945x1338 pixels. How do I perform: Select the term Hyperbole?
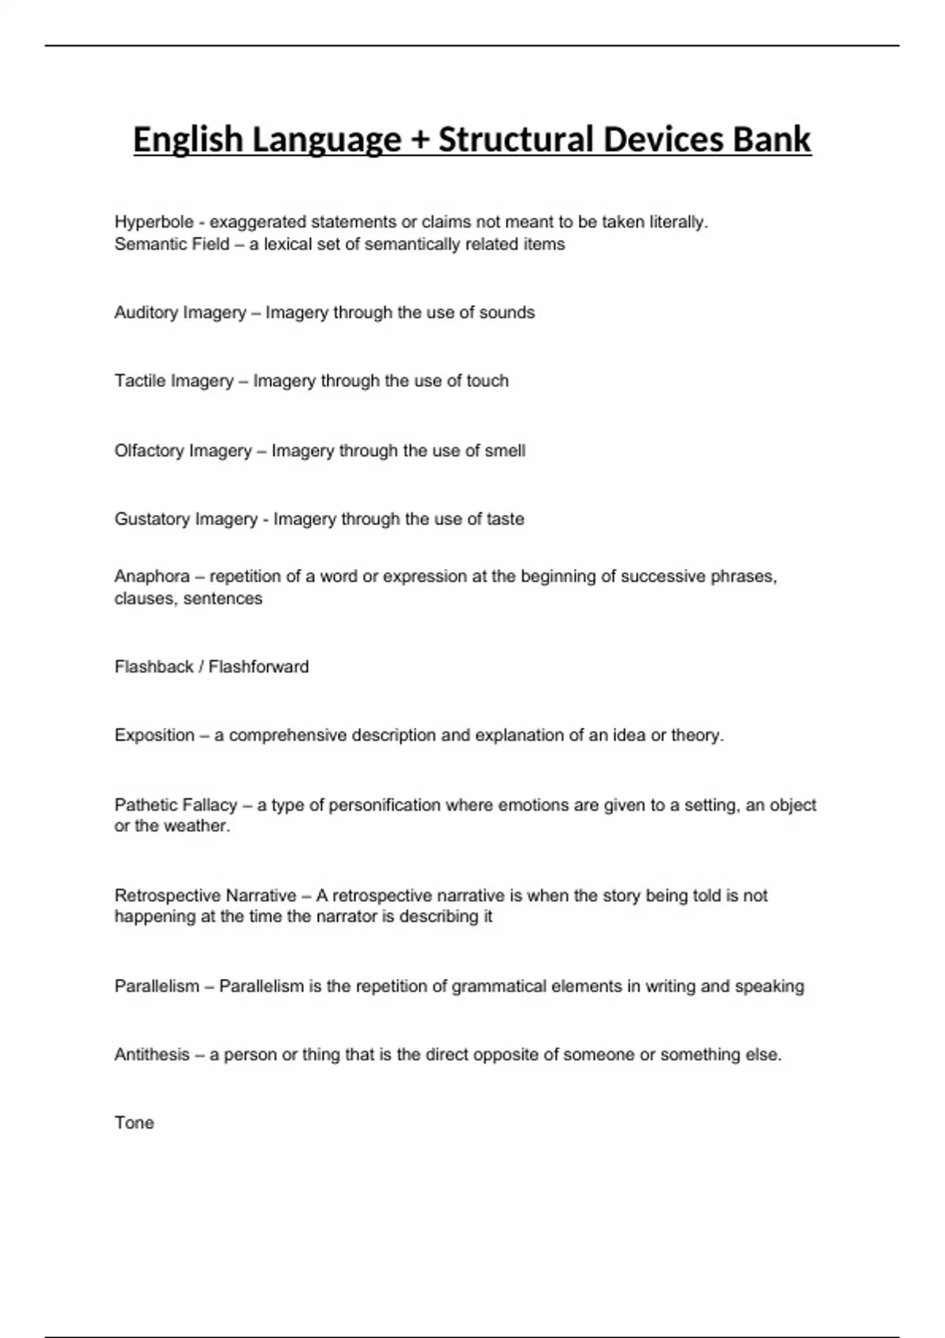(x=154, y=223)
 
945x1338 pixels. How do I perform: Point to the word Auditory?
(x=146, y=313)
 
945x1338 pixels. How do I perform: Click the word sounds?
(x=507, y=312)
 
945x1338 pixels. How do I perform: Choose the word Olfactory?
(x=149, y=451)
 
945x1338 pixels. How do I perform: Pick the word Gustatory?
(x=152, y=519)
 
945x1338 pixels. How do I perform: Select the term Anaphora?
(x=152, y=577)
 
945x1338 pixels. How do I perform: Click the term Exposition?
(x=154, y=736)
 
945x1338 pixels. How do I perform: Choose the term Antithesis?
(x=152, y=1055)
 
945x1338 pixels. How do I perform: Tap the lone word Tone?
(x=134, y=1123)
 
